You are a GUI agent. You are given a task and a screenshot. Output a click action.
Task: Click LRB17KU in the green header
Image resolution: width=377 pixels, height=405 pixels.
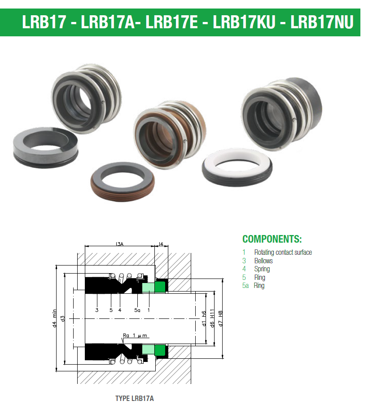pyautogui.click(x=244, y=22)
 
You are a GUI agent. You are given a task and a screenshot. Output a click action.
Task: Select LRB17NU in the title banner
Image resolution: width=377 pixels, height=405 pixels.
pyautogui.click(x=322, y=22)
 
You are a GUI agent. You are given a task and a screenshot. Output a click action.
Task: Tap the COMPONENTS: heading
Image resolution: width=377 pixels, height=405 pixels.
pyautogui.click(x=272, y=239)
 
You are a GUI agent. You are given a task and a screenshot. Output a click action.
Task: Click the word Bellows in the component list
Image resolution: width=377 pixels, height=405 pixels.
pyautogui.click(x=263, y=261)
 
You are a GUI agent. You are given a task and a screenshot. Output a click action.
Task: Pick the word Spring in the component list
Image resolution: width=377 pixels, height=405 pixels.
pyautogui.click(x=262, y=269)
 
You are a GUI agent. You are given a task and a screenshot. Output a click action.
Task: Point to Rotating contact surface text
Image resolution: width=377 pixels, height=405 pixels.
pyautogui.click(x=283, y=252)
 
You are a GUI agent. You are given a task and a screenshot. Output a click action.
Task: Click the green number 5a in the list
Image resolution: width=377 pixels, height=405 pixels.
pyautogui.click(x=245, y=285)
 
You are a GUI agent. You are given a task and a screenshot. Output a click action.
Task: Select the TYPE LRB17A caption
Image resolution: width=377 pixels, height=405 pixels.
pyautogui.click(x=134, y=398)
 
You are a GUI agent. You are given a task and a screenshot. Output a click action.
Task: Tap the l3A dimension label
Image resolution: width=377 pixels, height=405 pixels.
pyautogui.click(x=119, y=244)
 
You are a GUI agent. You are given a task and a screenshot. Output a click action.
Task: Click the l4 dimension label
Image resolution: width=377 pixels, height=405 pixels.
pyautogui.click(x=161, y=244)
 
